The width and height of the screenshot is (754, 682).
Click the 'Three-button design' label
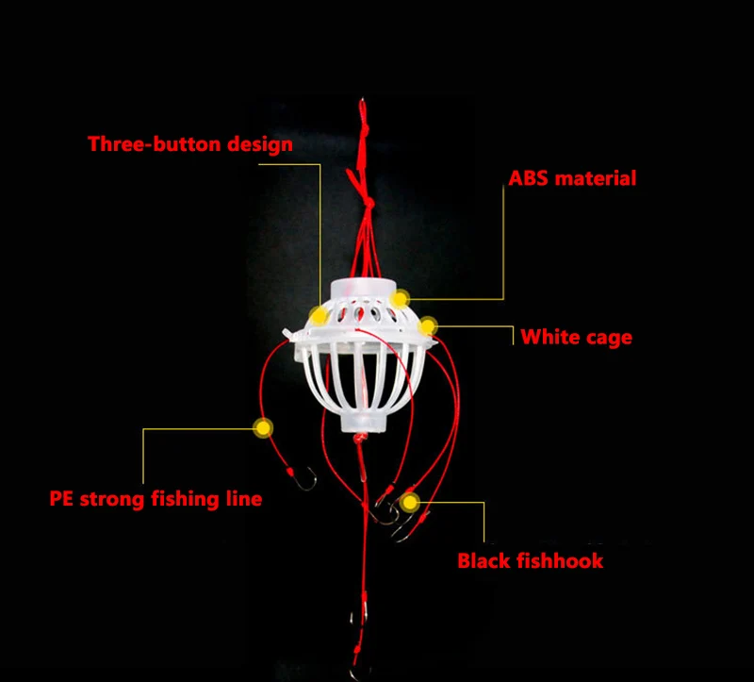tap(190, 144)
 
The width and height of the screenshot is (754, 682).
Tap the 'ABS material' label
tap(572, 178)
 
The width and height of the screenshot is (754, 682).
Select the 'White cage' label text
tap(576, 338)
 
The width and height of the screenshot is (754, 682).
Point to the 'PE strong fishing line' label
tap(156, 499)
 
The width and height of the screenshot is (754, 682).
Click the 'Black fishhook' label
tap(530, 560)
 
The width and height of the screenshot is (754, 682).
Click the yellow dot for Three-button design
tap(319, 316)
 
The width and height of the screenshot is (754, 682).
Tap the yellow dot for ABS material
tap(399, 299)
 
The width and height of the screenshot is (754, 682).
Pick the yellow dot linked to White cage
tap(427, 326)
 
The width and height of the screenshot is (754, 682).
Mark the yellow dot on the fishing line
tap(263, 428)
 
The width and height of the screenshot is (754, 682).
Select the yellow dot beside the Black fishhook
tap(410, 503)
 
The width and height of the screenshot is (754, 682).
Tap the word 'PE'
tap(61, 498)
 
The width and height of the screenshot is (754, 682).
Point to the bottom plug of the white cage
tap(364, 422)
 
